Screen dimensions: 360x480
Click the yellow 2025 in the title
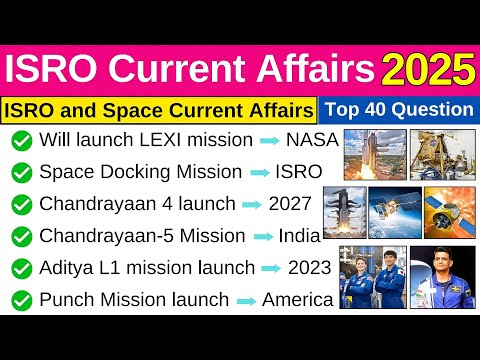click(427, 71)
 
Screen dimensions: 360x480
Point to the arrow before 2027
click(252, 205)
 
